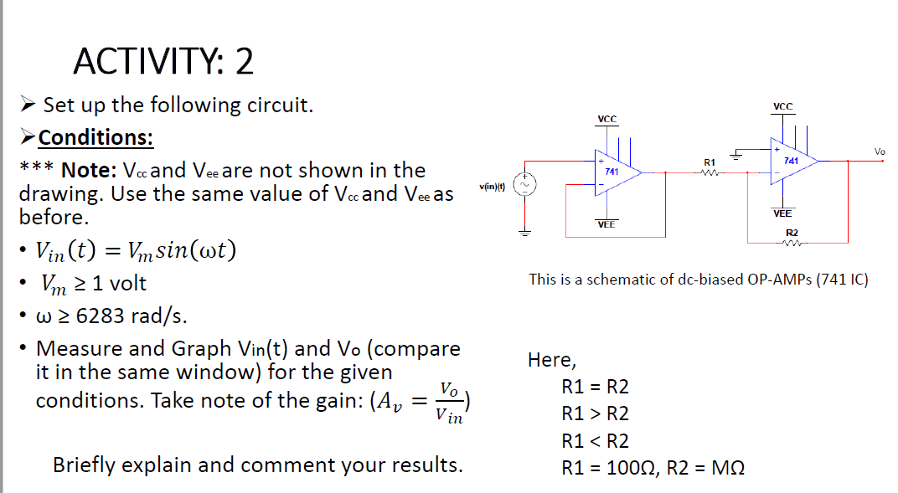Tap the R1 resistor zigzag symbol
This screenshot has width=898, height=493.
click(x=709, y=173)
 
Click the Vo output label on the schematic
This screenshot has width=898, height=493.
click(x=879, y=151)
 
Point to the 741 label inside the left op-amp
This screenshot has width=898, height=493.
click(x=612, y=171)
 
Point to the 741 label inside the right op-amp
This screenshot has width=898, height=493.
click(x=790, y=159)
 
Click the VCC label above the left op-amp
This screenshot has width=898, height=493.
click(x=606, y=120)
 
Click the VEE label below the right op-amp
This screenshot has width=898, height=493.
click(x=782, y=214)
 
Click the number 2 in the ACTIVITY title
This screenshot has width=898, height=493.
click(x=244, y=62)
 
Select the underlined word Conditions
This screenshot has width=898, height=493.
click(x=95, y=137)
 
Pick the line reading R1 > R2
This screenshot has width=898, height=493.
click(x=596, y=413)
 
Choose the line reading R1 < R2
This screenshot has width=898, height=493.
click(x=596, y=440)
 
